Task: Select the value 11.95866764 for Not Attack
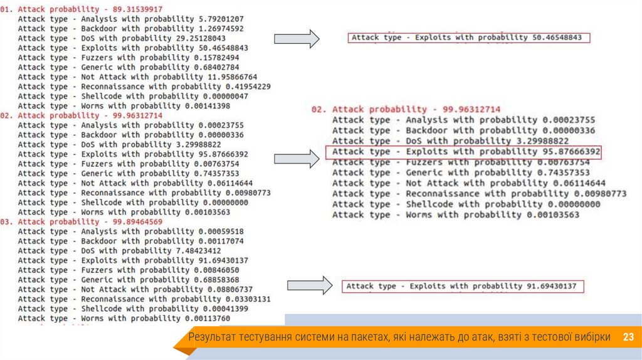click(226, 77)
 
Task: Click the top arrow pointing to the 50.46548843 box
click(297, 39)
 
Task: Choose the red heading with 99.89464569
click(82, 222)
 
